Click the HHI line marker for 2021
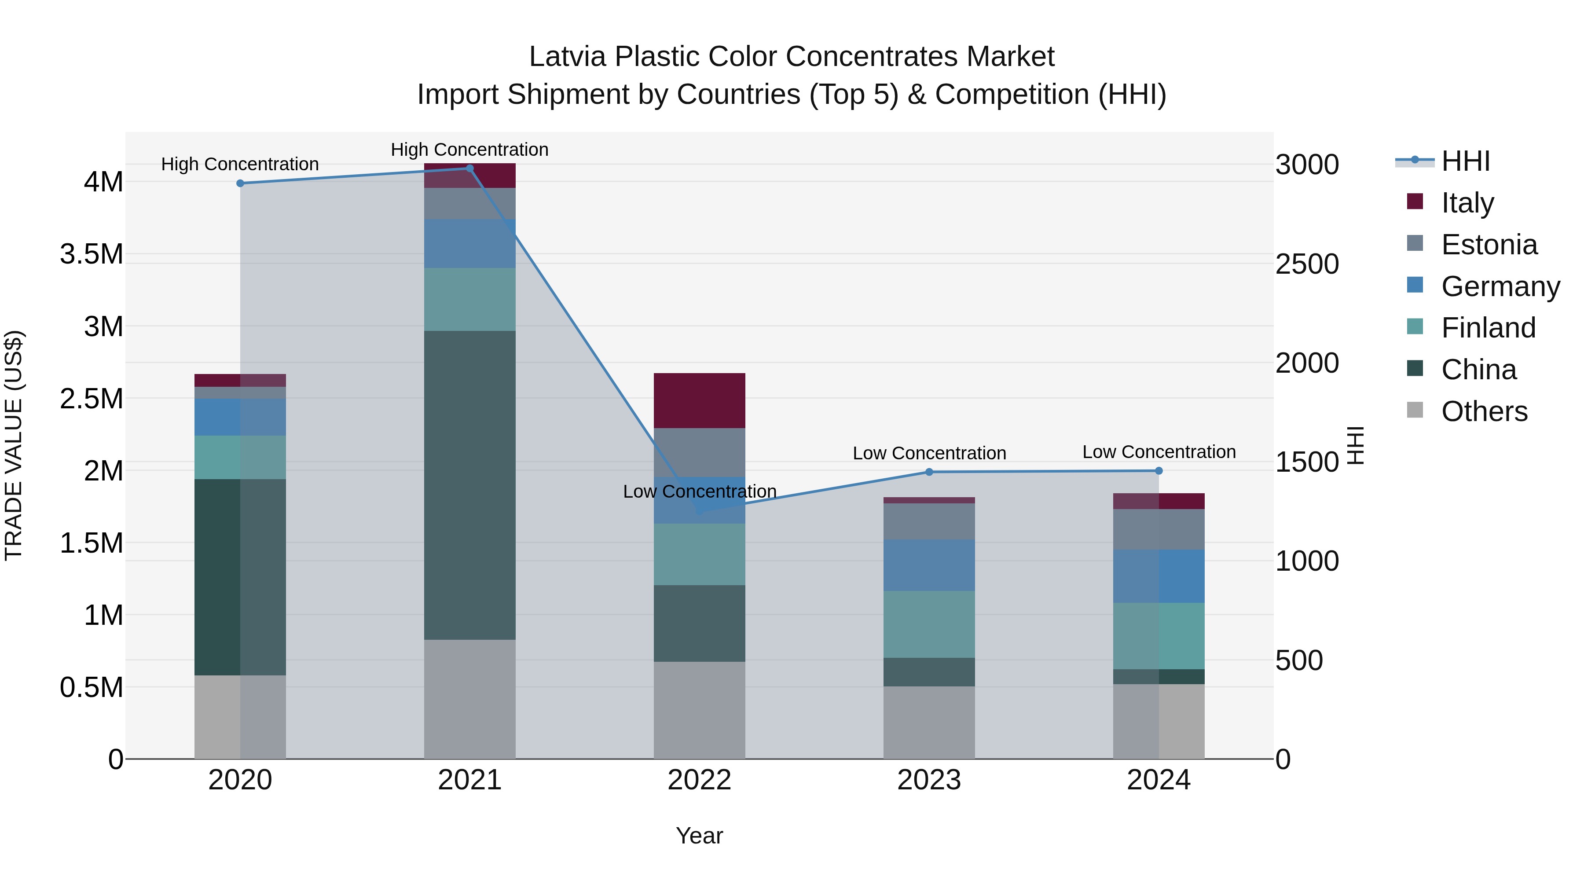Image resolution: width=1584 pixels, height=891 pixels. (470, 169)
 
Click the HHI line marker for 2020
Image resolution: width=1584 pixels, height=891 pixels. (240, 183)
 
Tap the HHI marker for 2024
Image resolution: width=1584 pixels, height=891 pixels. (1159, 471)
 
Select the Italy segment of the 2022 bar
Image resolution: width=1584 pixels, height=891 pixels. (699, 400)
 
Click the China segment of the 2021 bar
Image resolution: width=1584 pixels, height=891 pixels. (470, 485)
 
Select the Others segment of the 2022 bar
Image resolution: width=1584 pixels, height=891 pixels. (699, 710)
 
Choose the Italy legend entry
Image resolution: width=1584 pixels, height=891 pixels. (1467, 203)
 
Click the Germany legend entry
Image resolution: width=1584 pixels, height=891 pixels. (1500, 286)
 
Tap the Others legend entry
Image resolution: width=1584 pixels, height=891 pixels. (1483, 411)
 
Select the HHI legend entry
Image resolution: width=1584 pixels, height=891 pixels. (1465, 161)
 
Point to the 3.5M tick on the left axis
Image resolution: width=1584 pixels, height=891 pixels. (92, 254)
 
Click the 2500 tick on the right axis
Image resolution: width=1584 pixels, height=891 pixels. (1307, 264)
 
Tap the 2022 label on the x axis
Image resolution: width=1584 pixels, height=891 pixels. (699, 780)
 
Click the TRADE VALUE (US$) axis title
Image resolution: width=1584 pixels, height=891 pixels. (14, 445)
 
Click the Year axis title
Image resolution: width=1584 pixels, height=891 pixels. (699, 836)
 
